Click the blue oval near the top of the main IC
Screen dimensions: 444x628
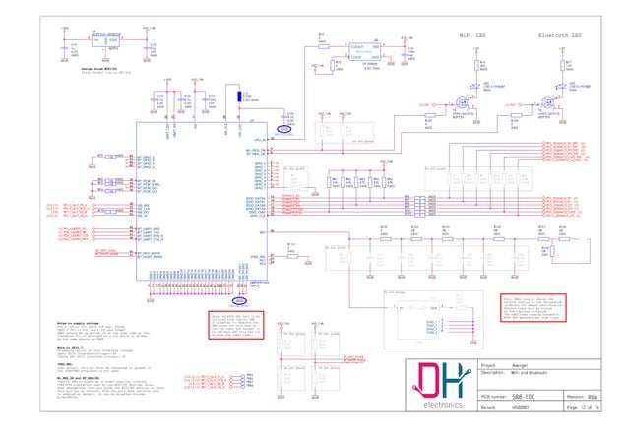(285, 128)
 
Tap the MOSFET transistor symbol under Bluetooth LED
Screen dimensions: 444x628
(550, 101)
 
